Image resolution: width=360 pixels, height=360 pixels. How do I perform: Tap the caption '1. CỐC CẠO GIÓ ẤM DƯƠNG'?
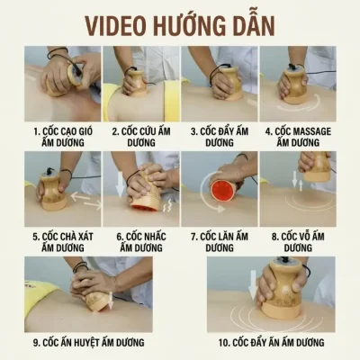[63, 137]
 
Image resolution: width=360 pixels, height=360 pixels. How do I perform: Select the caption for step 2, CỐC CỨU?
[141, 137]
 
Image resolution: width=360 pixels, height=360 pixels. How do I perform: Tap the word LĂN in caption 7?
[224, 236]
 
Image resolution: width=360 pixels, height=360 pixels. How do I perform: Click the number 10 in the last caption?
[223, 342]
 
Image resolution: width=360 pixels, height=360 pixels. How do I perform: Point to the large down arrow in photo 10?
[253, 285]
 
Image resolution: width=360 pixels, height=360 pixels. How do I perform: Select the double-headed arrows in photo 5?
[86, 201]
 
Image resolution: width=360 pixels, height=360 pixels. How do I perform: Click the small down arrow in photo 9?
[111, 301]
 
